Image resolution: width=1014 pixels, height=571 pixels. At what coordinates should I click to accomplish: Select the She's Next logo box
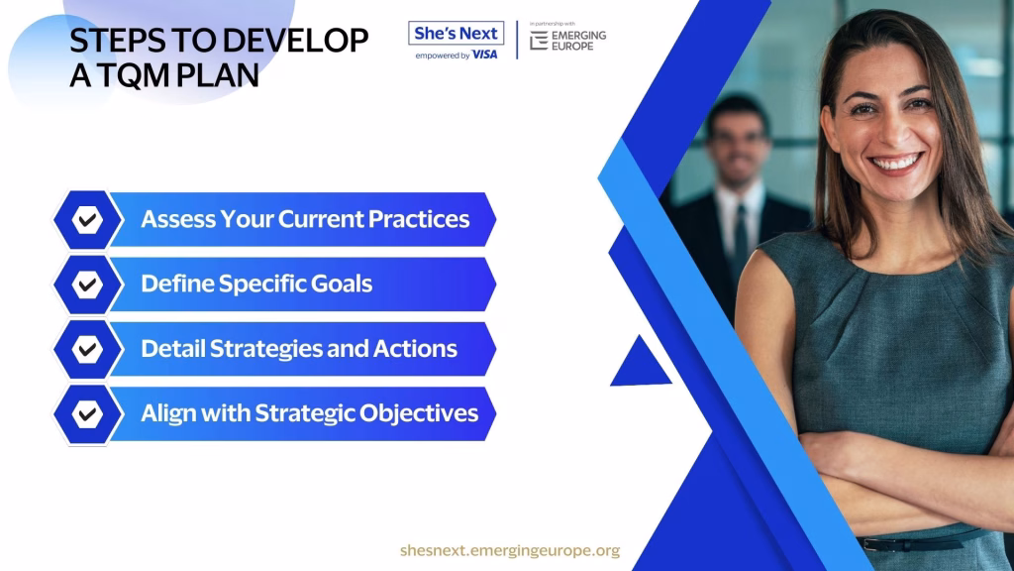(456, 33)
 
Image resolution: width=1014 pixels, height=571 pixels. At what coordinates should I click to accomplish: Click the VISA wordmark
(485, 56)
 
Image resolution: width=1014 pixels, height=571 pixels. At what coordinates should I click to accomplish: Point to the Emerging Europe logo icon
(539, 41)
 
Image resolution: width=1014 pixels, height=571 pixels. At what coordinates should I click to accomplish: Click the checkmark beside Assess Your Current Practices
(87, 220)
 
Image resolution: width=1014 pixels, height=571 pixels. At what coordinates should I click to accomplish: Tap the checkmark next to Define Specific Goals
(87, 285)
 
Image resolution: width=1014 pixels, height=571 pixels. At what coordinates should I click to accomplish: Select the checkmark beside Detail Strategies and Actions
(87, 350)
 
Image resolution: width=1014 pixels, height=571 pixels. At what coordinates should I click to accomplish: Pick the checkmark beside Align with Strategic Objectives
(87, 414)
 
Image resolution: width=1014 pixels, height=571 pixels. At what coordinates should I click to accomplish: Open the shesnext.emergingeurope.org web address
(510, 551)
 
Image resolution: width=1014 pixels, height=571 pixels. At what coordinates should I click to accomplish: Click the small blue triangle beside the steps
(641, 364)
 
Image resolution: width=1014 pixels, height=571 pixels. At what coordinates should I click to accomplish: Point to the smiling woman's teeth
(895, 163)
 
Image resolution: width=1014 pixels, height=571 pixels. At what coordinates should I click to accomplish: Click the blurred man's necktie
(740, 240)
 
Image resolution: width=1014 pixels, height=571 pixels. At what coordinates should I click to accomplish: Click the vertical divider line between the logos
(517, 40)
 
